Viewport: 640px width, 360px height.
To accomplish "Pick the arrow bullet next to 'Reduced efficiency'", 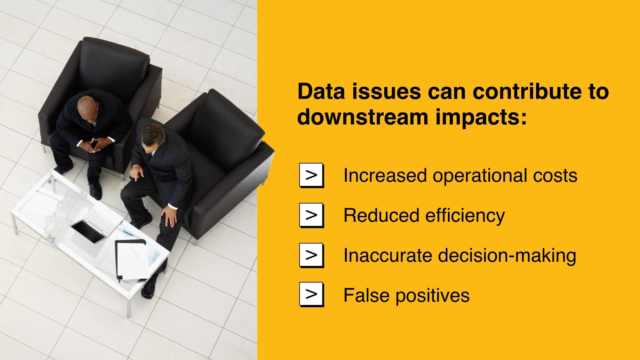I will click(x=311, y=215).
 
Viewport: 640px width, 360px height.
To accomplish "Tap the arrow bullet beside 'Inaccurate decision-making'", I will click(x=311, y=255).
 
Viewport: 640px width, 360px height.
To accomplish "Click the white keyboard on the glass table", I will click(x=102, y=220).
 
